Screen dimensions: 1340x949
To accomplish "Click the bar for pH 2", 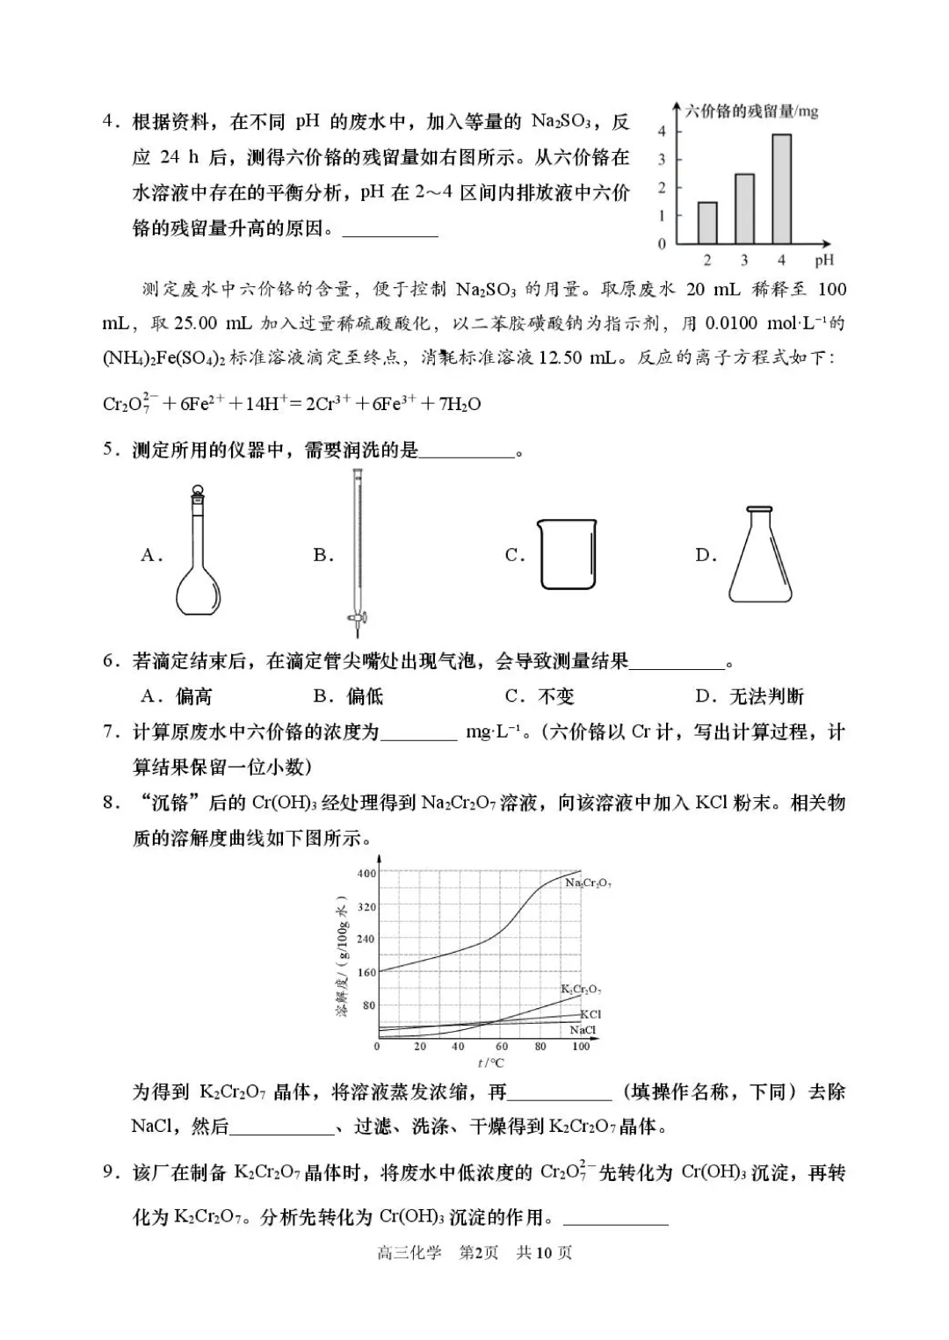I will [707, 223].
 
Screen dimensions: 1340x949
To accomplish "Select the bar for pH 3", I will [744, 209].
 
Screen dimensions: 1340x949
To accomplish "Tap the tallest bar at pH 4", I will [781, 189].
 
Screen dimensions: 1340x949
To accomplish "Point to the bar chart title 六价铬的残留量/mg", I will [751, 112].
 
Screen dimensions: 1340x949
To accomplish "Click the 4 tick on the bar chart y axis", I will [663, 132].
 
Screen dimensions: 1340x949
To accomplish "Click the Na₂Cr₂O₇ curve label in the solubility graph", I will [588, 883].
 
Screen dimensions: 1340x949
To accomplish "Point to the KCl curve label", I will [590, 1014].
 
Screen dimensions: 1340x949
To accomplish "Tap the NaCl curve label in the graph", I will [583, 1030].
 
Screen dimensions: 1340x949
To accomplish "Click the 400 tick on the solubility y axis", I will [366, 873].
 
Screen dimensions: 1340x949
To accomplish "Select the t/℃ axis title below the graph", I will [490, 1063].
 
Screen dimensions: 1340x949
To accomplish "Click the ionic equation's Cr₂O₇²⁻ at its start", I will [128, 404].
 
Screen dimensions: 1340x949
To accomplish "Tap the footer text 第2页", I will [479, 1252].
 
